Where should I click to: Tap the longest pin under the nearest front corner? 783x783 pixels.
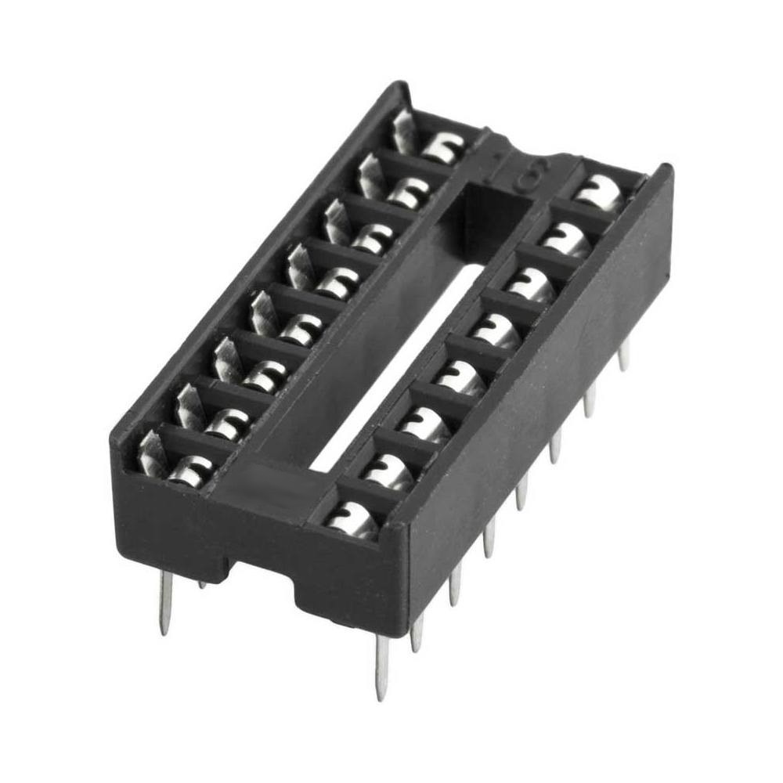[382, 666]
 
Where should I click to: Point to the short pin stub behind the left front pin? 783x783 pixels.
[202, 583]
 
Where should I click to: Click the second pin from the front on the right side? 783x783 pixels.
[417, 630]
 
